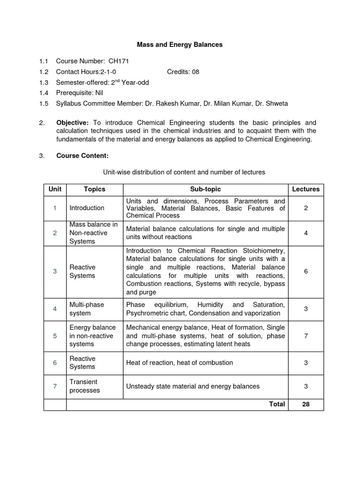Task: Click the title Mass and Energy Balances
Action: (x=180, y=45)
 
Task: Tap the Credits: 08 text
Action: (x=183, y=72)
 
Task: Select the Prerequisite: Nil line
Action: (x=79, y=93)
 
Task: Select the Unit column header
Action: (x=55, y=189)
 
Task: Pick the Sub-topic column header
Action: (x=205, y=189)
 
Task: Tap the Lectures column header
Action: (x=306, y=189)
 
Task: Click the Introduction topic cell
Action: (x=87, y=208)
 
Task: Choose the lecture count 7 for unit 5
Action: (x=306, y=336)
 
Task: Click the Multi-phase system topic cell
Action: (x=87, y=308)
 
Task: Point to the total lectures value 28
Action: (x=306, y=404)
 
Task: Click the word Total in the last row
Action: (x=277, y=404)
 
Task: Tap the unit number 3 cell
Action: (x=55, y=271)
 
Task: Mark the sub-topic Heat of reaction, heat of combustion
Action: (x=180, y=363)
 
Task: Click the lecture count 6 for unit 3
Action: (x=306, y=271)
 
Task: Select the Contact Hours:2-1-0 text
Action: (x=86, y=72)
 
